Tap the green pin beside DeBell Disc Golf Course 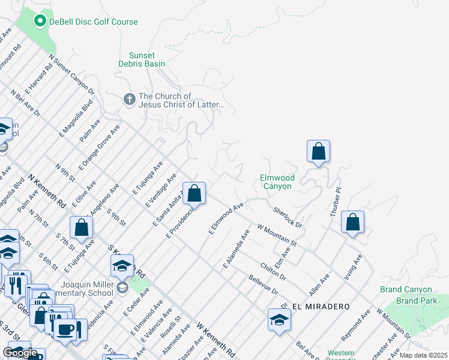pyautogui.click(x=40, y=22)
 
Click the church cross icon pyautogui.click(x=129, y=99)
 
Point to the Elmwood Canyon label pyautogui.click(x=277, y=182)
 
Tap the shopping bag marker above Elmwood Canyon pyautogui.click(x=319, y=152)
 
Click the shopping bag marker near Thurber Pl pyautogui.click(x=353, y=221)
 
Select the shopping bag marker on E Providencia pyautogui.click(x=194, y=194)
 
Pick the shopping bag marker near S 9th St pyautogui.click(x=82, y=227)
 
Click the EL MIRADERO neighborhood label pyautogui.click(x=321, y=307)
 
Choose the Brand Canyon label pyautogui.click(x=406, y=289)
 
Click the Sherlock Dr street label pyautogui.click(x=288, y=217)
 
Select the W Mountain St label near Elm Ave pyautogui.click(x=277, y=235)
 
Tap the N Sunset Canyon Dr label pyautogui.click(x=73, y=74)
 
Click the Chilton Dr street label pyautogui.click(x=273, y=271)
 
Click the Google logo pyautogui.click(x=20, y=353)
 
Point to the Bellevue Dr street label pyautogui.click(x=264, y=284)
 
